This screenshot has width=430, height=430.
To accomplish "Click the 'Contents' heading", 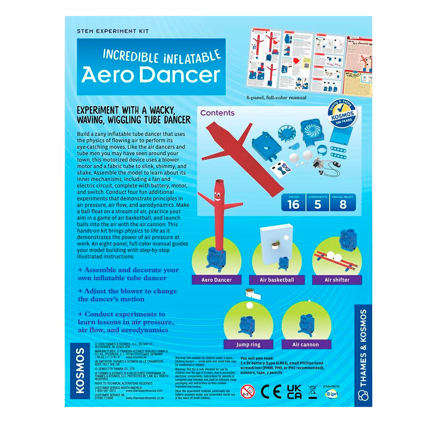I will pyautogui.click(x=218, y=113).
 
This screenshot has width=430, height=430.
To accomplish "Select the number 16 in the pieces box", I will pyautogui.click(x=293, y=204).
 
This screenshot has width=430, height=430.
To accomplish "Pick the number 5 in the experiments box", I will pyautogui.click(x=317, y=204).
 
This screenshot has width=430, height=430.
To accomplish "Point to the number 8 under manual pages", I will pyautogui.click(x=343, y=204).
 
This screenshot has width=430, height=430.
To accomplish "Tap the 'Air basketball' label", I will pyautogui.click(x=276, y=280).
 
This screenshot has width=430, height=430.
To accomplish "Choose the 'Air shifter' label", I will pyautogui.click(x=337, y=280).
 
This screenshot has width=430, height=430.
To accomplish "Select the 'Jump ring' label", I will pyautogui.click(x=248, y=344).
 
